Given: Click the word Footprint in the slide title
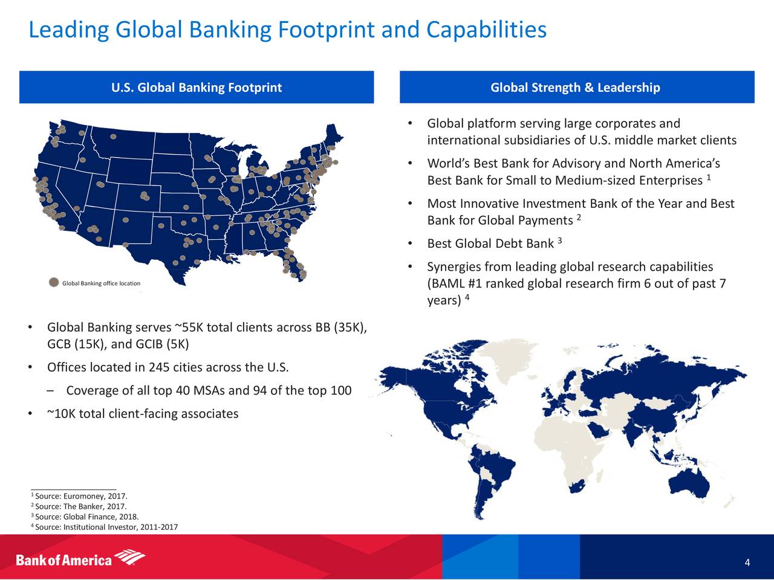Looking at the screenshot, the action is point(327,30).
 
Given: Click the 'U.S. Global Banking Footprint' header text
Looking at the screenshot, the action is point(197,88).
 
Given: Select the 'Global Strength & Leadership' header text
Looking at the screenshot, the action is point(575,88).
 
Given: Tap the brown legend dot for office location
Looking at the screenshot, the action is point(54,282).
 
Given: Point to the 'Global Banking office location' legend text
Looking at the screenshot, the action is point(101,283).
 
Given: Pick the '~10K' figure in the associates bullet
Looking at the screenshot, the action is point(61,413).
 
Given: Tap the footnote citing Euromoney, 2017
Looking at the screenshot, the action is point(79,496).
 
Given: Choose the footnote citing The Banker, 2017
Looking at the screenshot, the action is point(79,506).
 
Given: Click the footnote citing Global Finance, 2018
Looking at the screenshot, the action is point(85,517).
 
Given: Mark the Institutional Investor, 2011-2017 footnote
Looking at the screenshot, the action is point(105,527).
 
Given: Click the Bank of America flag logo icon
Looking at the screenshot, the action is point(130,556).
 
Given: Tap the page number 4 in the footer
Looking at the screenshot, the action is point(747,562).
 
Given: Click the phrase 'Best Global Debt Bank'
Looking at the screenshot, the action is point(490,243).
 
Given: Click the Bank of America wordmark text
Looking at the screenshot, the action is point(63,560).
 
